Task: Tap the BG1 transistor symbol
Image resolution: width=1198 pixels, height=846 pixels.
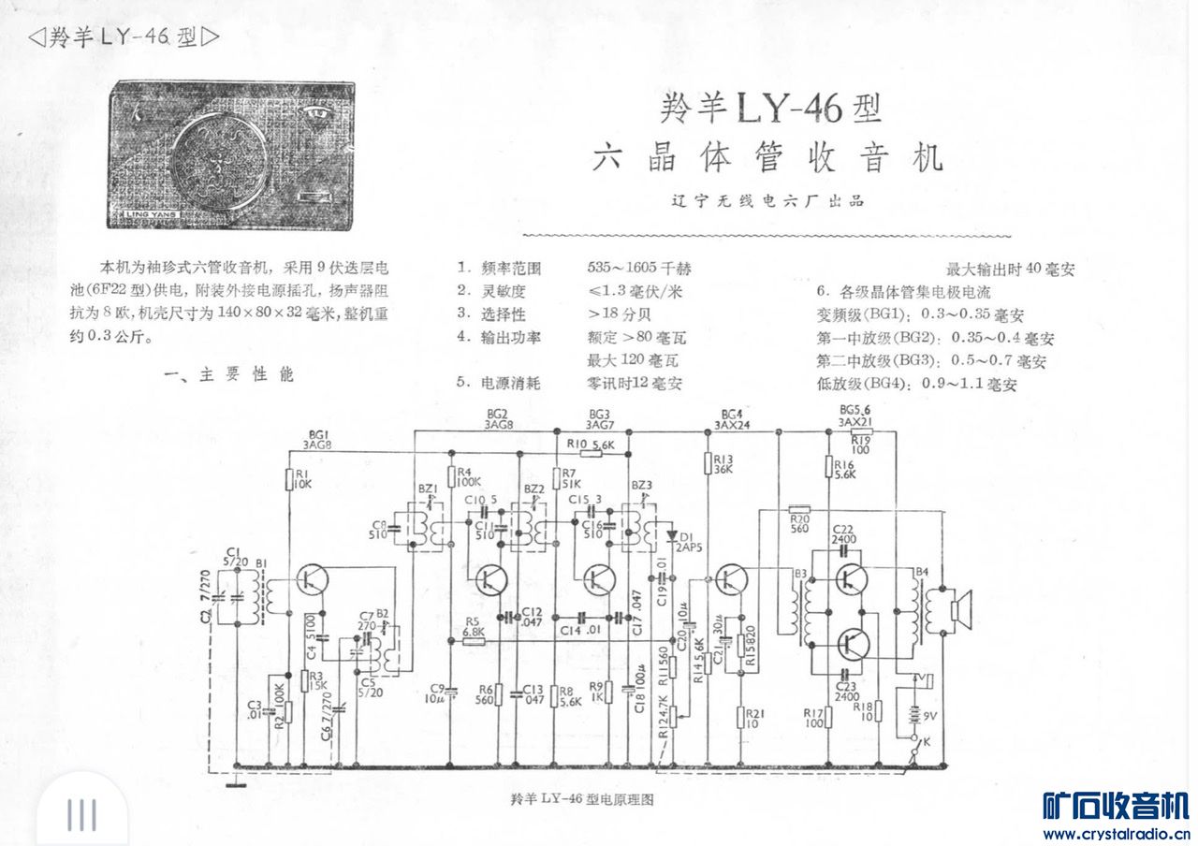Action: pyautogui.click(x=311, y=580)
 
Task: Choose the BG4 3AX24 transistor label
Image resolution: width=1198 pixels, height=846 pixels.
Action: pyautogui.click(x=733, y=418)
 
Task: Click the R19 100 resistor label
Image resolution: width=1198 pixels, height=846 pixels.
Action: pyautogui.click(x=861, y=445)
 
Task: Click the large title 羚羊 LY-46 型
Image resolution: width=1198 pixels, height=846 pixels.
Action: pyautogui.click(x=770, y=110)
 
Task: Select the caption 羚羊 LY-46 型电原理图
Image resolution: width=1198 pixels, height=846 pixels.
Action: pyautogui.click(x=580, y=799)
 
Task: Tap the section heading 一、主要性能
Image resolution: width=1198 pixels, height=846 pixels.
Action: pyautogui.click(x=228, y=375)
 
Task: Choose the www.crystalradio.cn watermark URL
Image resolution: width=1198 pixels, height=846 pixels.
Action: pyautogui.click(x=1117, y=833)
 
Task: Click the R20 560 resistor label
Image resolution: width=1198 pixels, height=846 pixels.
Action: pyautogui.click(x=799, y=522)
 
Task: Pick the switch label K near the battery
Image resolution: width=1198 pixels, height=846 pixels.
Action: pyautogui.click(x=927, y=742)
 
